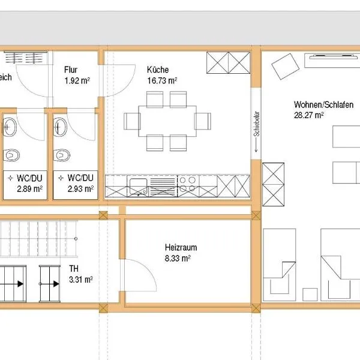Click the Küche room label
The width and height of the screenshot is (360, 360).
coord(158,70)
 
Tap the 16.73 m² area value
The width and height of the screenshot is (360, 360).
coord(162,80)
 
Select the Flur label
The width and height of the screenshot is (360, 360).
coord(71,70)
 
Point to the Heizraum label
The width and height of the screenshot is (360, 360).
coord(181,247)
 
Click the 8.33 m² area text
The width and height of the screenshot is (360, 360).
coord(178,258)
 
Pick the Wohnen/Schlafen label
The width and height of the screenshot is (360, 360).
coord(323,104)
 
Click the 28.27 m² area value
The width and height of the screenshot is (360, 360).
coord(309,115)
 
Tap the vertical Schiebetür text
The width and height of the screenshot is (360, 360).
coord(256,124)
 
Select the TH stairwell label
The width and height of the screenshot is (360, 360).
coord(74,268)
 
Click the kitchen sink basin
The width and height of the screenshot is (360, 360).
coord(138,186)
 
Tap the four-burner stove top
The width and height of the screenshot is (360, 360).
coord(188,184)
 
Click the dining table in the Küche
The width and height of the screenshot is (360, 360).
coord(167,121)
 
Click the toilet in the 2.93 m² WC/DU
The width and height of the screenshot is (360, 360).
coord(62,155)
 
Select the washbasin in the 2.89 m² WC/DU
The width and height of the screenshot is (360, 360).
coord(10,127)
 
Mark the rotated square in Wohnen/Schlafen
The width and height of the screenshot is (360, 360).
coord(286,67)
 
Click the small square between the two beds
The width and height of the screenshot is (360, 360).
coord(310,295)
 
